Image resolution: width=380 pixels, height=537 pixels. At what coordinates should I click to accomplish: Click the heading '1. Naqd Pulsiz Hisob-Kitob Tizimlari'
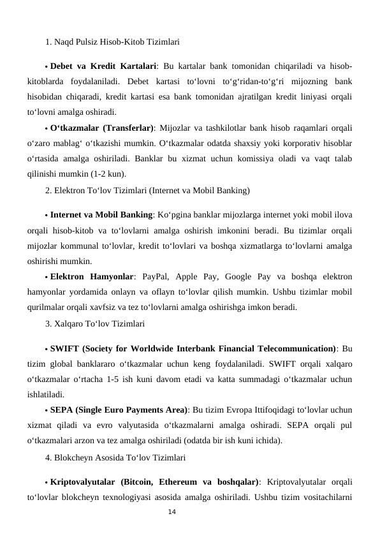[x=112, y=42]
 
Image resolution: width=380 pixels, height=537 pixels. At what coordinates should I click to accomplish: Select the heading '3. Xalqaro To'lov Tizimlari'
[x=96, y=324]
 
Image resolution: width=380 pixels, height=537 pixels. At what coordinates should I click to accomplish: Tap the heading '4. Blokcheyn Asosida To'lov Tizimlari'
[x=115, y=457]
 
